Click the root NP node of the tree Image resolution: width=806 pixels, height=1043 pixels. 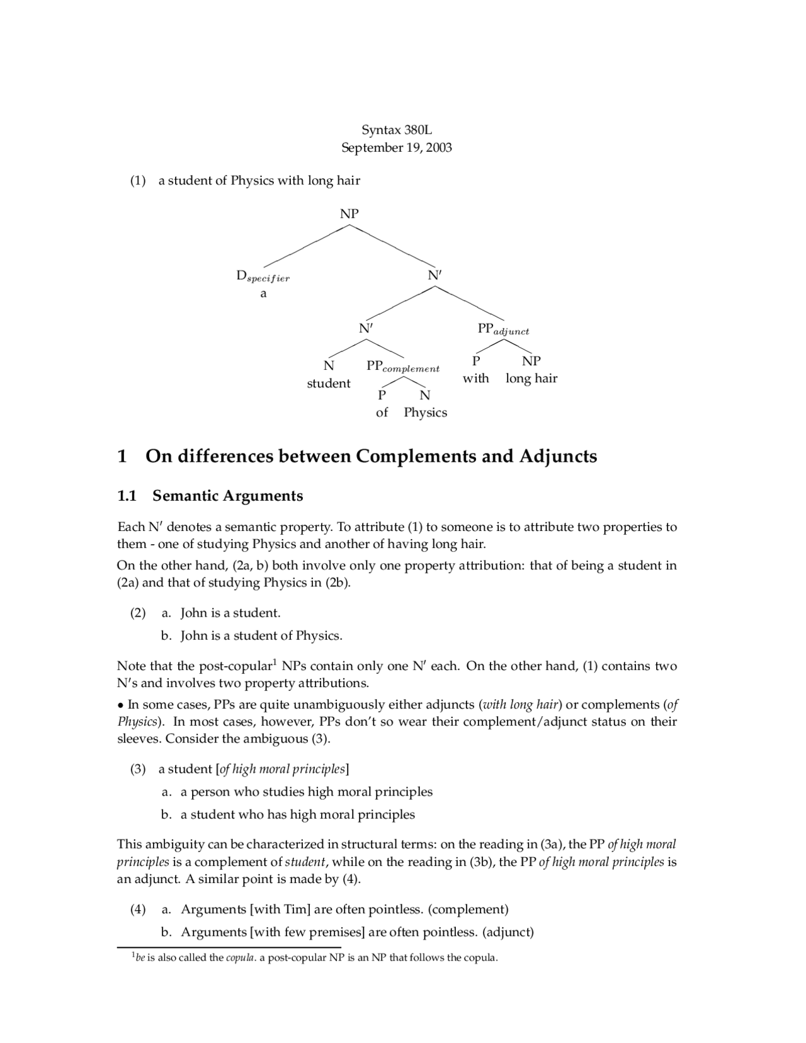(349, 214)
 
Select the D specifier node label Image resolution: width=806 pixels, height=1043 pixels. (263, 276)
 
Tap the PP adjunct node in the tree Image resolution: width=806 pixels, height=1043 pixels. (503, 329)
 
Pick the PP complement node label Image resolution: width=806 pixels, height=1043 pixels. (403, 367)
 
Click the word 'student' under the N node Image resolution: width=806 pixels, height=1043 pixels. (329, 384)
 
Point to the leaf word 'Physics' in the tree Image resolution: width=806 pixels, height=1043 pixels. (426, 413)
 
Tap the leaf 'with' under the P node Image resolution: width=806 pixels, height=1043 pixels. (476, 379)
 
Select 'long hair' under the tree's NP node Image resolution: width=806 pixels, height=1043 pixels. (531, 379)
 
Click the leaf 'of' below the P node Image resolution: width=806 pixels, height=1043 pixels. (382, 413)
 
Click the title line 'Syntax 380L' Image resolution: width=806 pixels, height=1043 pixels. (397, 130)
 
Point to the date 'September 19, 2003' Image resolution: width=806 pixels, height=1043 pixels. (397, 148)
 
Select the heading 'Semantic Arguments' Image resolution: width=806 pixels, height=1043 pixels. (227, 496)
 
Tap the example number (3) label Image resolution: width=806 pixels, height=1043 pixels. (138, 769)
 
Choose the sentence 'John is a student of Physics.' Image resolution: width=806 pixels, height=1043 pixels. (261, 635)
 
